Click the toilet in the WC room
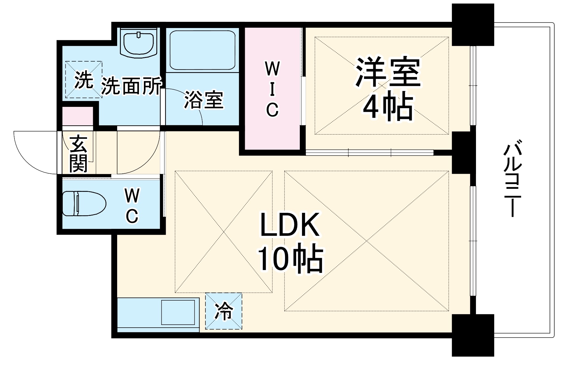pos(84,204)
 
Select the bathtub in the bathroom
pos(202,50)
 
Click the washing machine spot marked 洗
pos(83,80)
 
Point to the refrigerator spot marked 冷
pos(224,311)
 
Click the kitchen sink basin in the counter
pos(178,312)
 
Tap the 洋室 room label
pos(388,72)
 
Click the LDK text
pos(289,225)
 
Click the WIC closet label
pos(272,89)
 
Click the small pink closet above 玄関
pos(78,116)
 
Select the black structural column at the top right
pos(473,25)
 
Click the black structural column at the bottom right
pos(473,335)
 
